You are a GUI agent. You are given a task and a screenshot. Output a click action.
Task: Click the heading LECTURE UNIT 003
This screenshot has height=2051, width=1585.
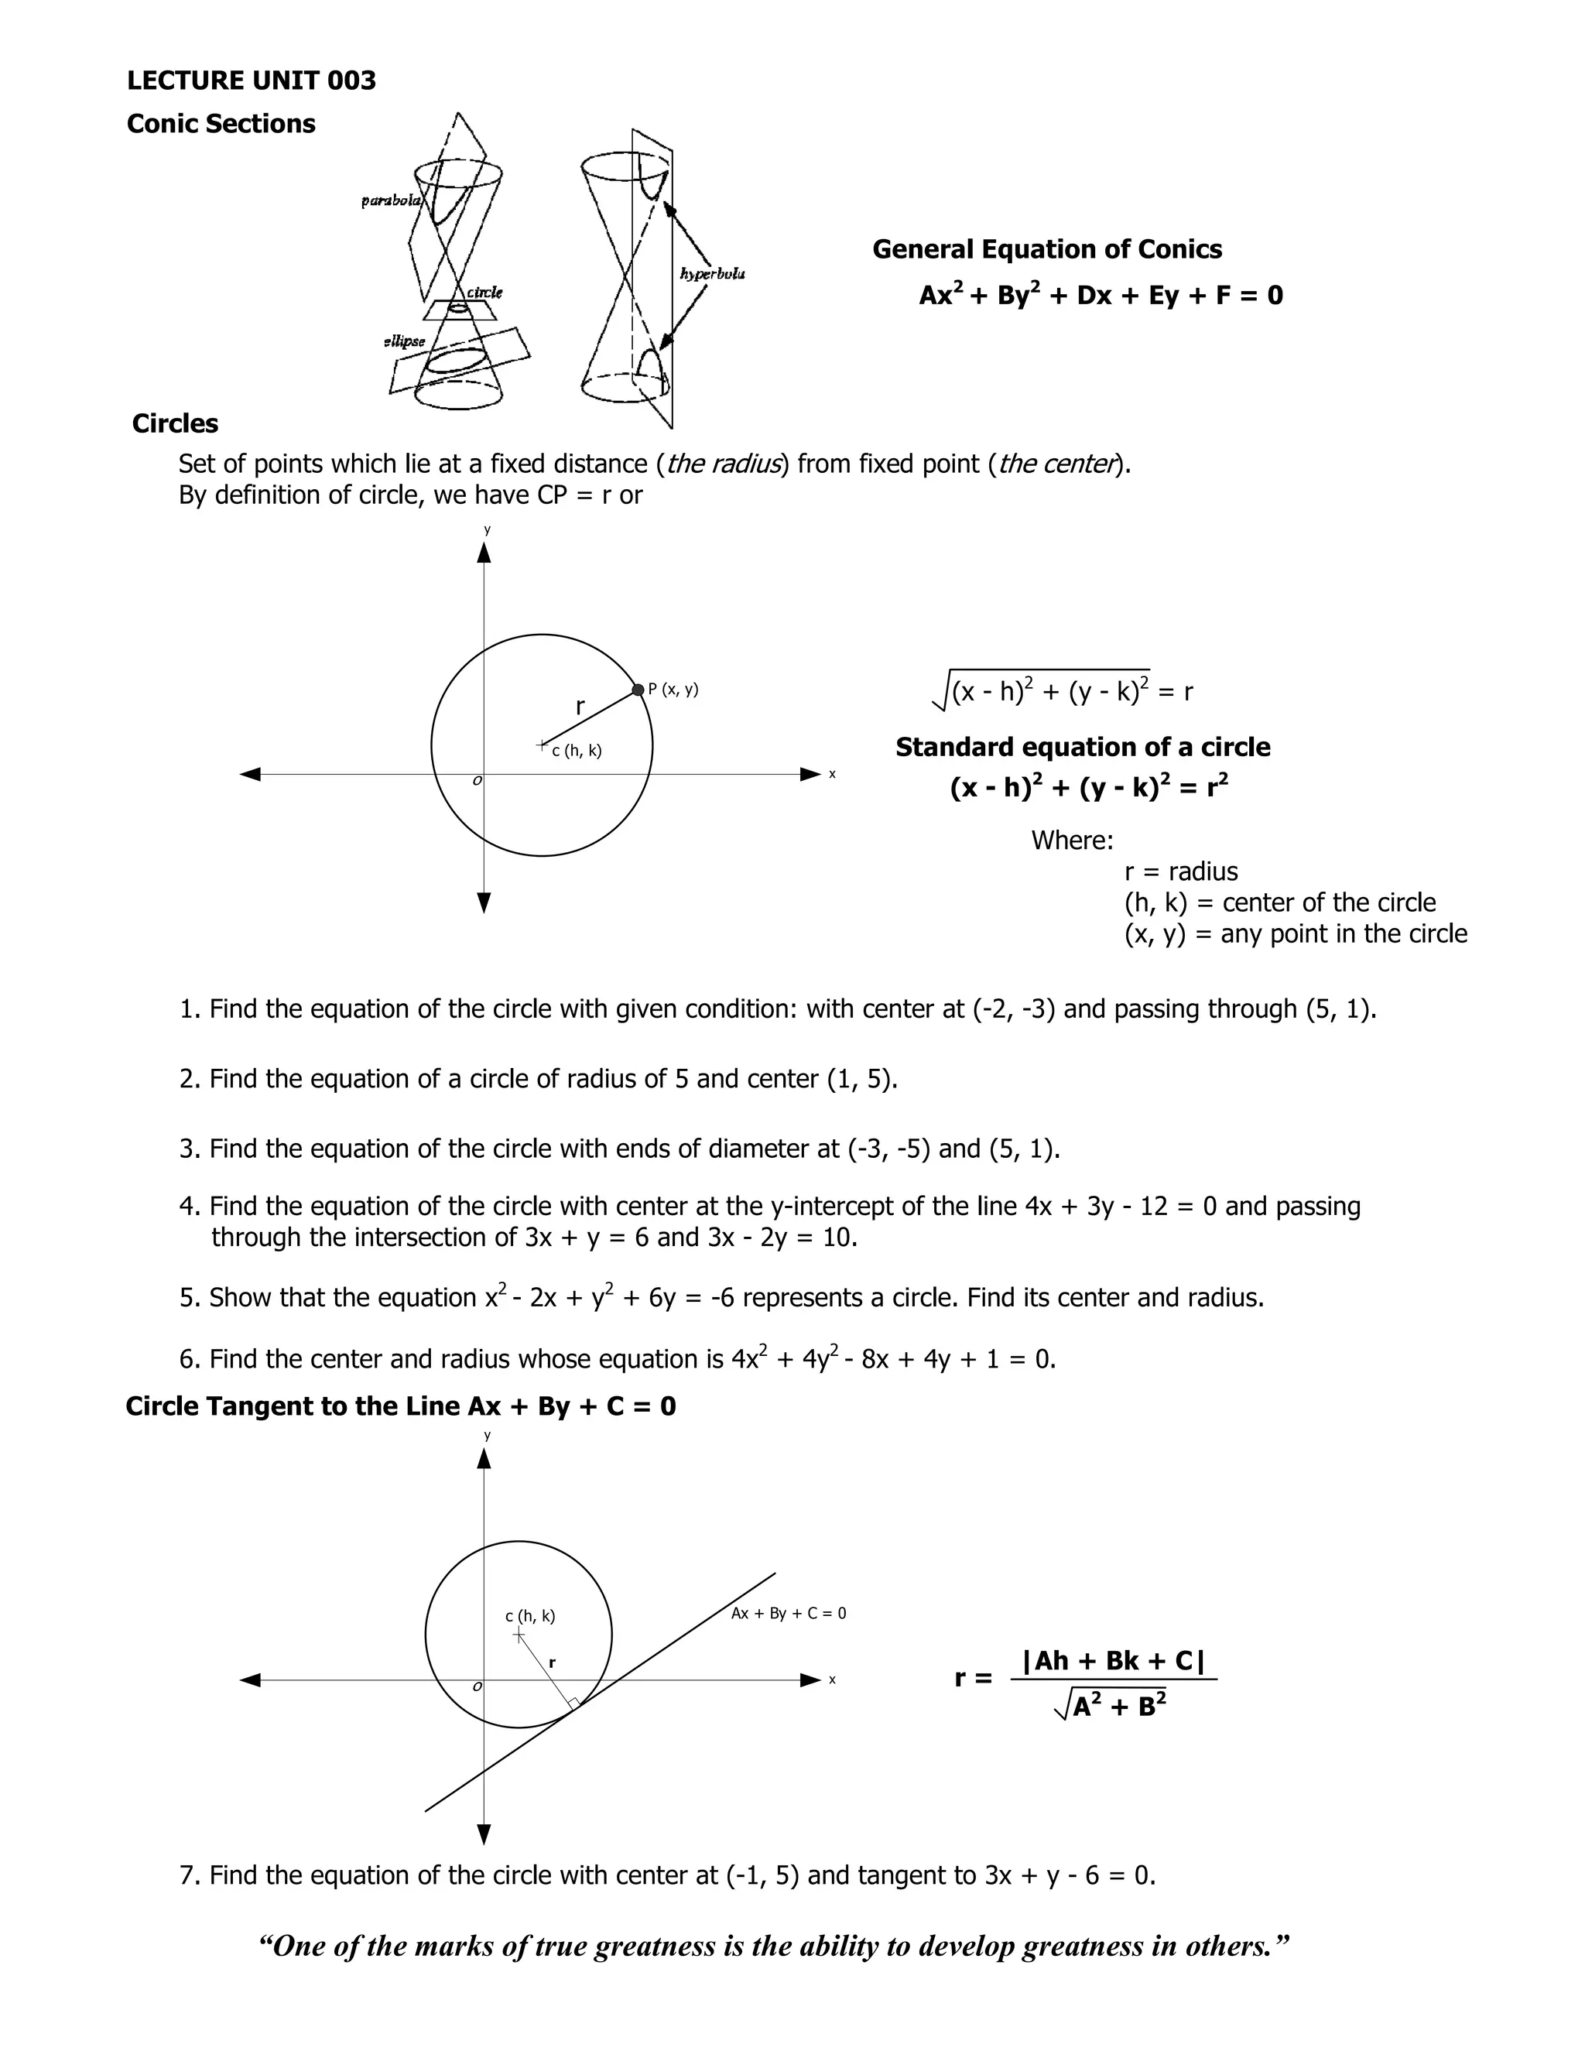coord(251,80)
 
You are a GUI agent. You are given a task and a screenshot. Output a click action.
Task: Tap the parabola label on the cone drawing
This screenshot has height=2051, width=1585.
coord(391,200)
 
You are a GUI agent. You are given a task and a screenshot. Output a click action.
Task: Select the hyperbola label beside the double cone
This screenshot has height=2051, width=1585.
coord(712,273)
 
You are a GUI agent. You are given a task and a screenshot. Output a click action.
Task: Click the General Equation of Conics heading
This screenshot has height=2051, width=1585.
coord(1046,249)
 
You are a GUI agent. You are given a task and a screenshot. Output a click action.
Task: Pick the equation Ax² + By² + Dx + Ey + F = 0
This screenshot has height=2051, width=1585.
coord(1101,296)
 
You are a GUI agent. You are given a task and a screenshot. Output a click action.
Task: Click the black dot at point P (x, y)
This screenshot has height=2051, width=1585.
coord(638,690)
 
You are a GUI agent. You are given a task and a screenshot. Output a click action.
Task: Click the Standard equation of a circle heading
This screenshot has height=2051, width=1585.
coord(1082,747)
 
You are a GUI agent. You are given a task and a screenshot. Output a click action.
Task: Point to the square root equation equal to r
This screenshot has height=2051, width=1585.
coord(1061,691)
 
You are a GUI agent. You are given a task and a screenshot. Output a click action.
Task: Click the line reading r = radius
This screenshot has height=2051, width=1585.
coord(1180,871)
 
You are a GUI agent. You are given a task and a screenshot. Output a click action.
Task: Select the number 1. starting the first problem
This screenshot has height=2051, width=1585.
coord(190,1009)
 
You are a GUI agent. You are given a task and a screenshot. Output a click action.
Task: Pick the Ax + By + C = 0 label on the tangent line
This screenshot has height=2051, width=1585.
coord(788,1614)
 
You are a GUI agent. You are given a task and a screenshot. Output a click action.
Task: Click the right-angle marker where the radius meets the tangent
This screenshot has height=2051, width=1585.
coord(573,1703)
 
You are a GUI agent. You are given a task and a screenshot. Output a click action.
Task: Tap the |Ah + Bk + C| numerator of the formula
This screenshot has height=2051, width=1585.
coord(1113,1660)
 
